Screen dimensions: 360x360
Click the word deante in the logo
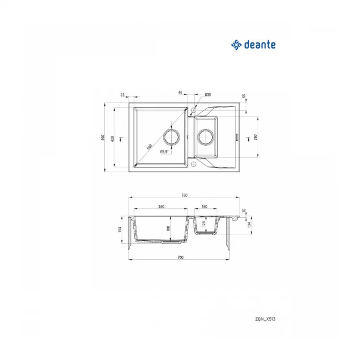coord(260,44)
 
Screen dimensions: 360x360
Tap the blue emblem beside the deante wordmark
coord(237,44)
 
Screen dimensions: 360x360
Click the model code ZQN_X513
coord(266,319)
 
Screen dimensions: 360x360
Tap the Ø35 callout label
coord(208,95)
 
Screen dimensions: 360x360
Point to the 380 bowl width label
coord(161,206)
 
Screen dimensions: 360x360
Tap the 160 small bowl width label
coord(204,206)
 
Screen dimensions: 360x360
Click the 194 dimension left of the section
coord(120,229)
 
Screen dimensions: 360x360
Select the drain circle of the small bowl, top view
coord(206,136)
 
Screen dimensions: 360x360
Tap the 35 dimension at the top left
coord(122,95)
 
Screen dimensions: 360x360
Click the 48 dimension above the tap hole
coord(180,92)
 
